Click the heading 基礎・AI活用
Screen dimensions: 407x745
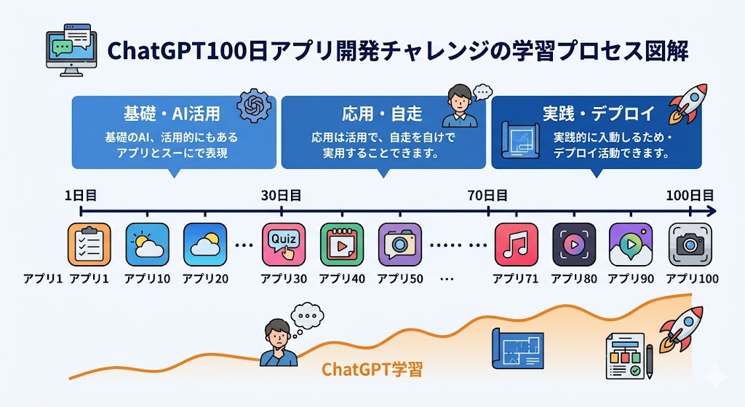(172, 114)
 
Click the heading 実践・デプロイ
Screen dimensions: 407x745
(599, 114)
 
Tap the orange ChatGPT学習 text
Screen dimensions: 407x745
(371, 369)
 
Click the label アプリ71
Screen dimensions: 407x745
(516, 279)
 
